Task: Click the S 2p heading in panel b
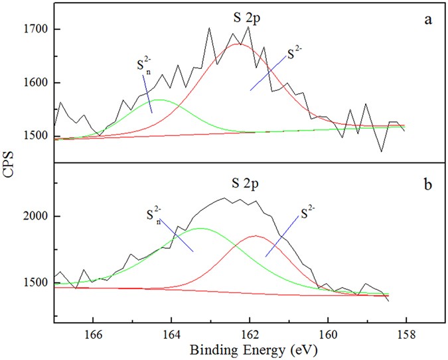[248, 180]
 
